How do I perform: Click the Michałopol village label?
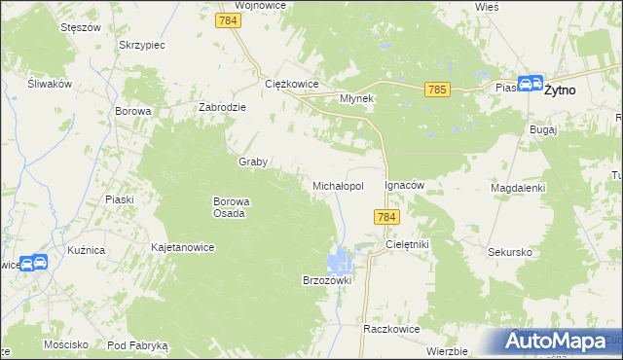(338, 185)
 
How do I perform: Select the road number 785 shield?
(436, 90)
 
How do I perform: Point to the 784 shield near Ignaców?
(386, 218)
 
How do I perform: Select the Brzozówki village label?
(326, 279)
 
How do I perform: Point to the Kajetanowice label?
(182, 247)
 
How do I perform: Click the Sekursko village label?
(510, 251)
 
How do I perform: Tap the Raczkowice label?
(390, 329)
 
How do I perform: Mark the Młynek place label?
(357, 98)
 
